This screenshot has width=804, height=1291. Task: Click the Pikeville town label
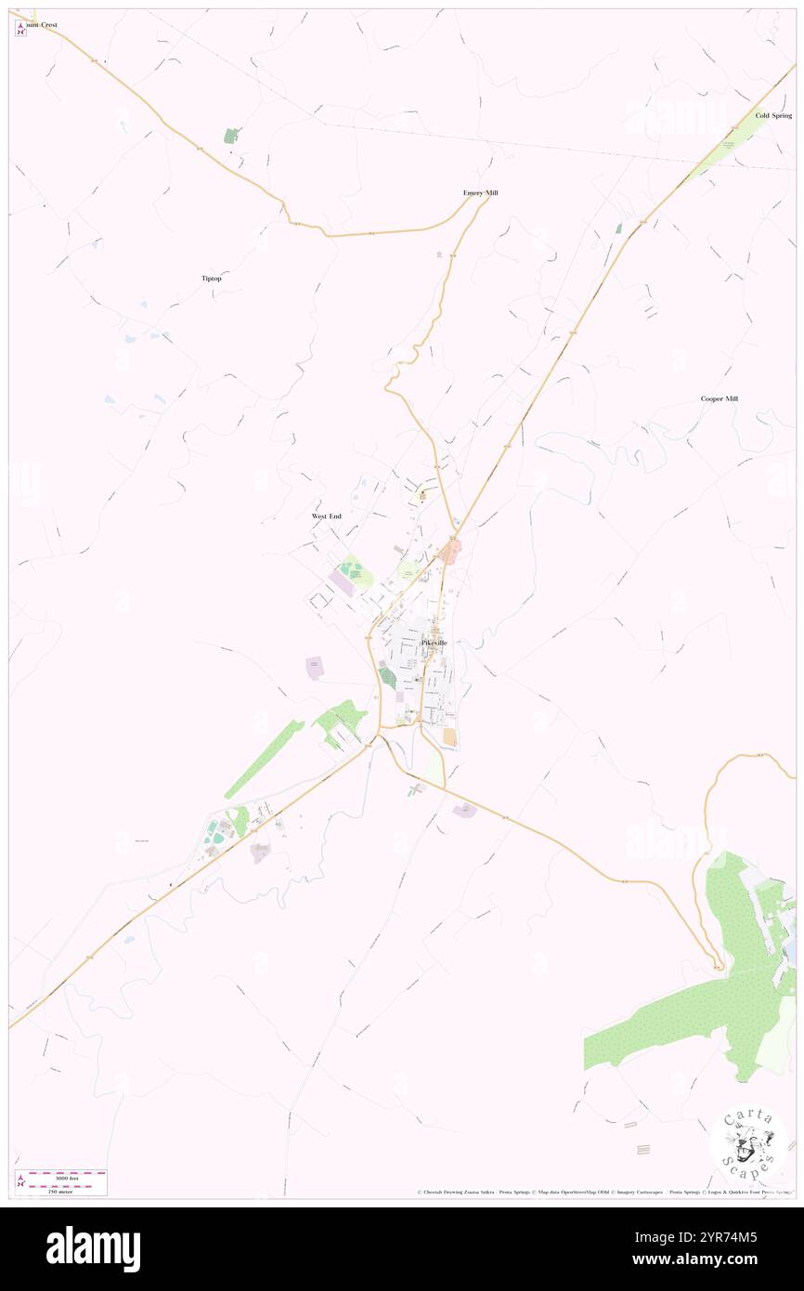pyautogui.click(x=434, y=643)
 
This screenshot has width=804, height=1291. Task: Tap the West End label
pyautogui.click(x=326, y=515)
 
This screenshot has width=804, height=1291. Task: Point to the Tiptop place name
pyautogui.click(x=212, y=279)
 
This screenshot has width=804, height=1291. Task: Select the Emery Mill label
pyautogui.click(x=481, y=193)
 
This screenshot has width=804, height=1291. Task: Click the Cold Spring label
pyautogui.click(x=773, y=115)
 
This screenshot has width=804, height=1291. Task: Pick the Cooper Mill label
pyautogui.click(x=720, y=398)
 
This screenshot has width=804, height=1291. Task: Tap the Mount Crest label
pyautogui.click(x=41, y=25)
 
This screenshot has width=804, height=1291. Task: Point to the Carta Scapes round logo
pyautogui.click(x=748, y=1143)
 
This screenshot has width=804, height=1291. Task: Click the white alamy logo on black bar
pyautogui.click(x=93, y=1248)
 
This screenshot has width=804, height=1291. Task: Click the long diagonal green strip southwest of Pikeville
pyautogui.click(x=264, y=760)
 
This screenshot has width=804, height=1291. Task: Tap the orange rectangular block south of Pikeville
pyautogui.click(x=450, y=737)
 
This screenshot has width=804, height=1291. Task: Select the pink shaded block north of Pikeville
pyautogui.click(x=450, y=554)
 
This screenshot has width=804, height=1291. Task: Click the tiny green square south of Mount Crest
pyautogui.click(x=230, y=136)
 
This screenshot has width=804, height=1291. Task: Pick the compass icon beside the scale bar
pyautogui.click(x=20, y=1181)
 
